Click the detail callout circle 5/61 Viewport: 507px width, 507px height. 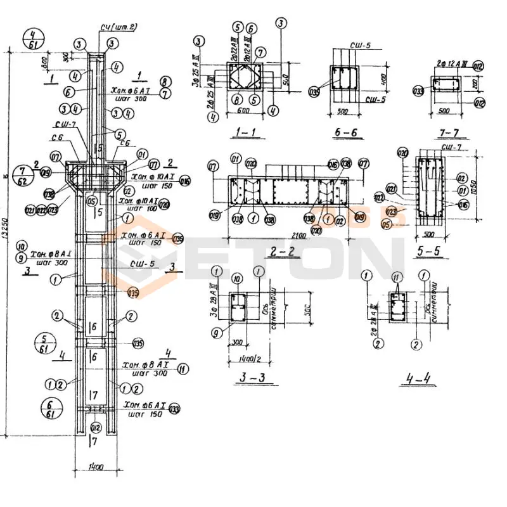point(44,342)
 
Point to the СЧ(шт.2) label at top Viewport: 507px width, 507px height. point(119,27)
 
